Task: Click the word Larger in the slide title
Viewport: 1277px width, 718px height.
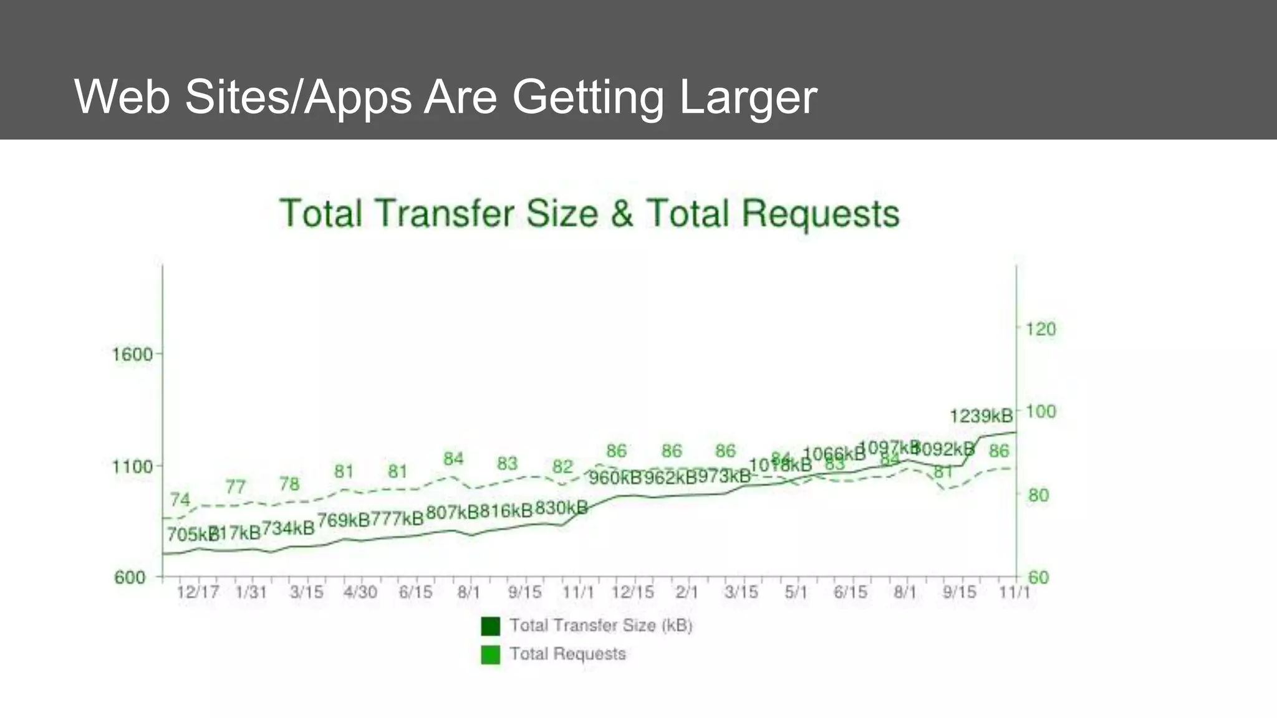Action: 748,97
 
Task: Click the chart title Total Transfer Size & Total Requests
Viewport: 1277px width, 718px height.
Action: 589,213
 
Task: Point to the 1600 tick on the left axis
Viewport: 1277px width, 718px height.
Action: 132,355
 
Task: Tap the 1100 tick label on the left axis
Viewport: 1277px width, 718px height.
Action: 132,466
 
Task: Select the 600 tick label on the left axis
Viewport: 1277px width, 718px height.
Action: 130,577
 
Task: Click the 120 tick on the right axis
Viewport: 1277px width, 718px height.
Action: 1041,328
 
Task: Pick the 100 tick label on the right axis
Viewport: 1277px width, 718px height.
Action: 1041,411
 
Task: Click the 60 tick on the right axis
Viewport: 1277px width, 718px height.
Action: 1038,577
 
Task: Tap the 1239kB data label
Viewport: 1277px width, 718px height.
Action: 981,416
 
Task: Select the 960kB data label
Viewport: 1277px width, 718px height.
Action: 615,477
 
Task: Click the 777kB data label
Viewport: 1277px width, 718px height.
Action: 397,519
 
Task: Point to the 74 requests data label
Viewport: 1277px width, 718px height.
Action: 180,499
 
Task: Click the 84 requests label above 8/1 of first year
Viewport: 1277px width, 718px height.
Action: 453,459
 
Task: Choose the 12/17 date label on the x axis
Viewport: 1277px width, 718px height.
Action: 197,592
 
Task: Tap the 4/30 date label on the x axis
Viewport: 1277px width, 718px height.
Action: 360,592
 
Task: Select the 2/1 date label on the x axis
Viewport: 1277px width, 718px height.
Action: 687,592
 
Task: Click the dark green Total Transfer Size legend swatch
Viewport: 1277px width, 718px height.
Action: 491,626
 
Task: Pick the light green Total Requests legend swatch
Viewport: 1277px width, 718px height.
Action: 491,654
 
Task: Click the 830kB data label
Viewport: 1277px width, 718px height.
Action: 561,508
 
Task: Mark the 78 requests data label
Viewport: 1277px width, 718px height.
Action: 289,484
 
